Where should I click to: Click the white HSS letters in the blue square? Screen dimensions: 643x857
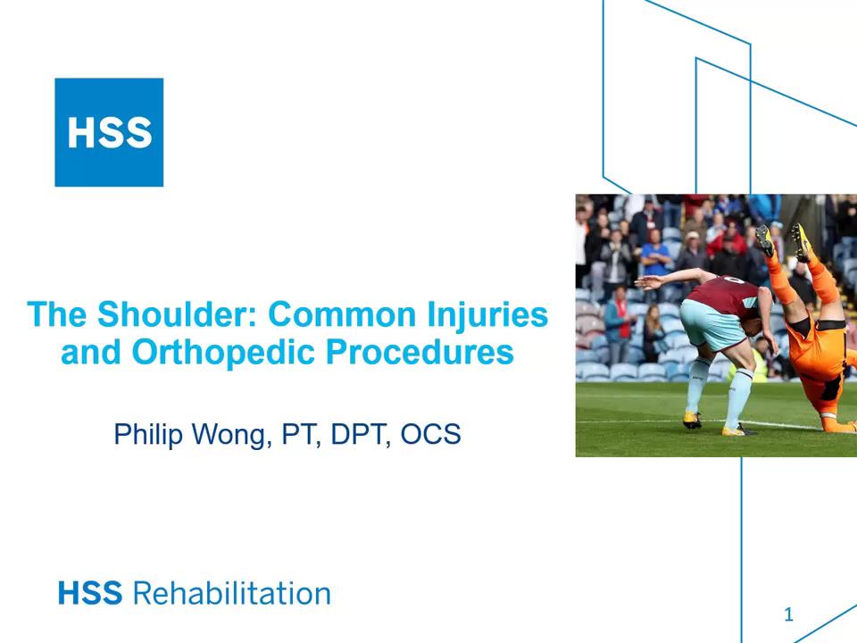click(x=109, y=132)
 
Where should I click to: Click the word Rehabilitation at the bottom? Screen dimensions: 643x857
click(x=231, y=594)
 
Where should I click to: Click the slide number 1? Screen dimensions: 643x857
click(x=788, y=614)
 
